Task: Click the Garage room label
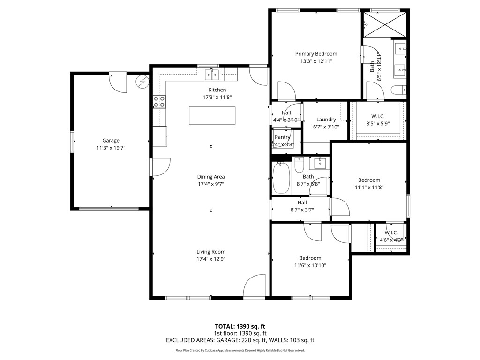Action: [111, 140]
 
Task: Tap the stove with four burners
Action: [159, 102]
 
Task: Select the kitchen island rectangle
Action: [212, 115]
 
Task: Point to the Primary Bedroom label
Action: [316, 54]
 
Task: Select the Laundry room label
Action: [326, 120]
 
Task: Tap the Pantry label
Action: [283, 137]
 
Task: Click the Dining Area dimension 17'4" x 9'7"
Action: [210, 184]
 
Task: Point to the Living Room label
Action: [211, 252]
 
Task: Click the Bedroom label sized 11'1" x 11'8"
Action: [369, 180]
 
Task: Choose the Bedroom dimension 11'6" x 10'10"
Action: [310, 265]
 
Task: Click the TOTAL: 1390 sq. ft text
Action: [240, 326]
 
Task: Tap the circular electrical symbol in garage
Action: [142, 82]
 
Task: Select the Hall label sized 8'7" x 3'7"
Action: [302, 202]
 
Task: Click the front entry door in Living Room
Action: [255, 286]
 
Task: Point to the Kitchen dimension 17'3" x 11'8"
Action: [217, 97]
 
